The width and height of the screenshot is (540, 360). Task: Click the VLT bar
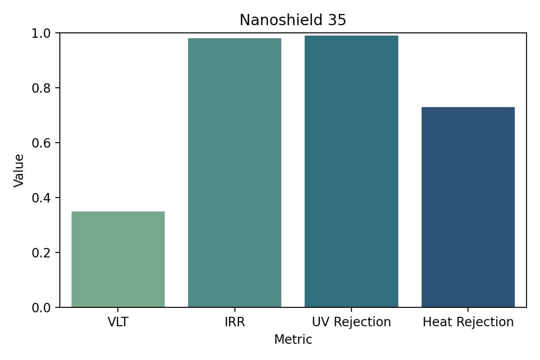click(x=118, y=259)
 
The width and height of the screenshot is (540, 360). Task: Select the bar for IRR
click(x=234, y=173)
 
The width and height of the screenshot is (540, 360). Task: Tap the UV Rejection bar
click(x=351, y=171)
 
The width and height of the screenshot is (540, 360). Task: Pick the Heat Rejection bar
click(x=468, y=207)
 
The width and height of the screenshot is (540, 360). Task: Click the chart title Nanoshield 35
click(x=292, y=20)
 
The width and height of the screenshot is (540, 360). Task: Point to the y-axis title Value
click(x=19, y=170)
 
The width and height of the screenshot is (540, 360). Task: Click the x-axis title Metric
click(x=293, y=339)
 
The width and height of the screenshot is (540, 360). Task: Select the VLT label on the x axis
click(x=118, y=322)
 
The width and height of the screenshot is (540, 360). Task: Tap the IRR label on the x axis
click(x=234, y=322)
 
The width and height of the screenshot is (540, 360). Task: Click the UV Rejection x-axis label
click(x=351, y=322)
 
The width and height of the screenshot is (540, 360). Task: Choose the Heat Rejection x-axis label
click(x=468, y=322)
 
